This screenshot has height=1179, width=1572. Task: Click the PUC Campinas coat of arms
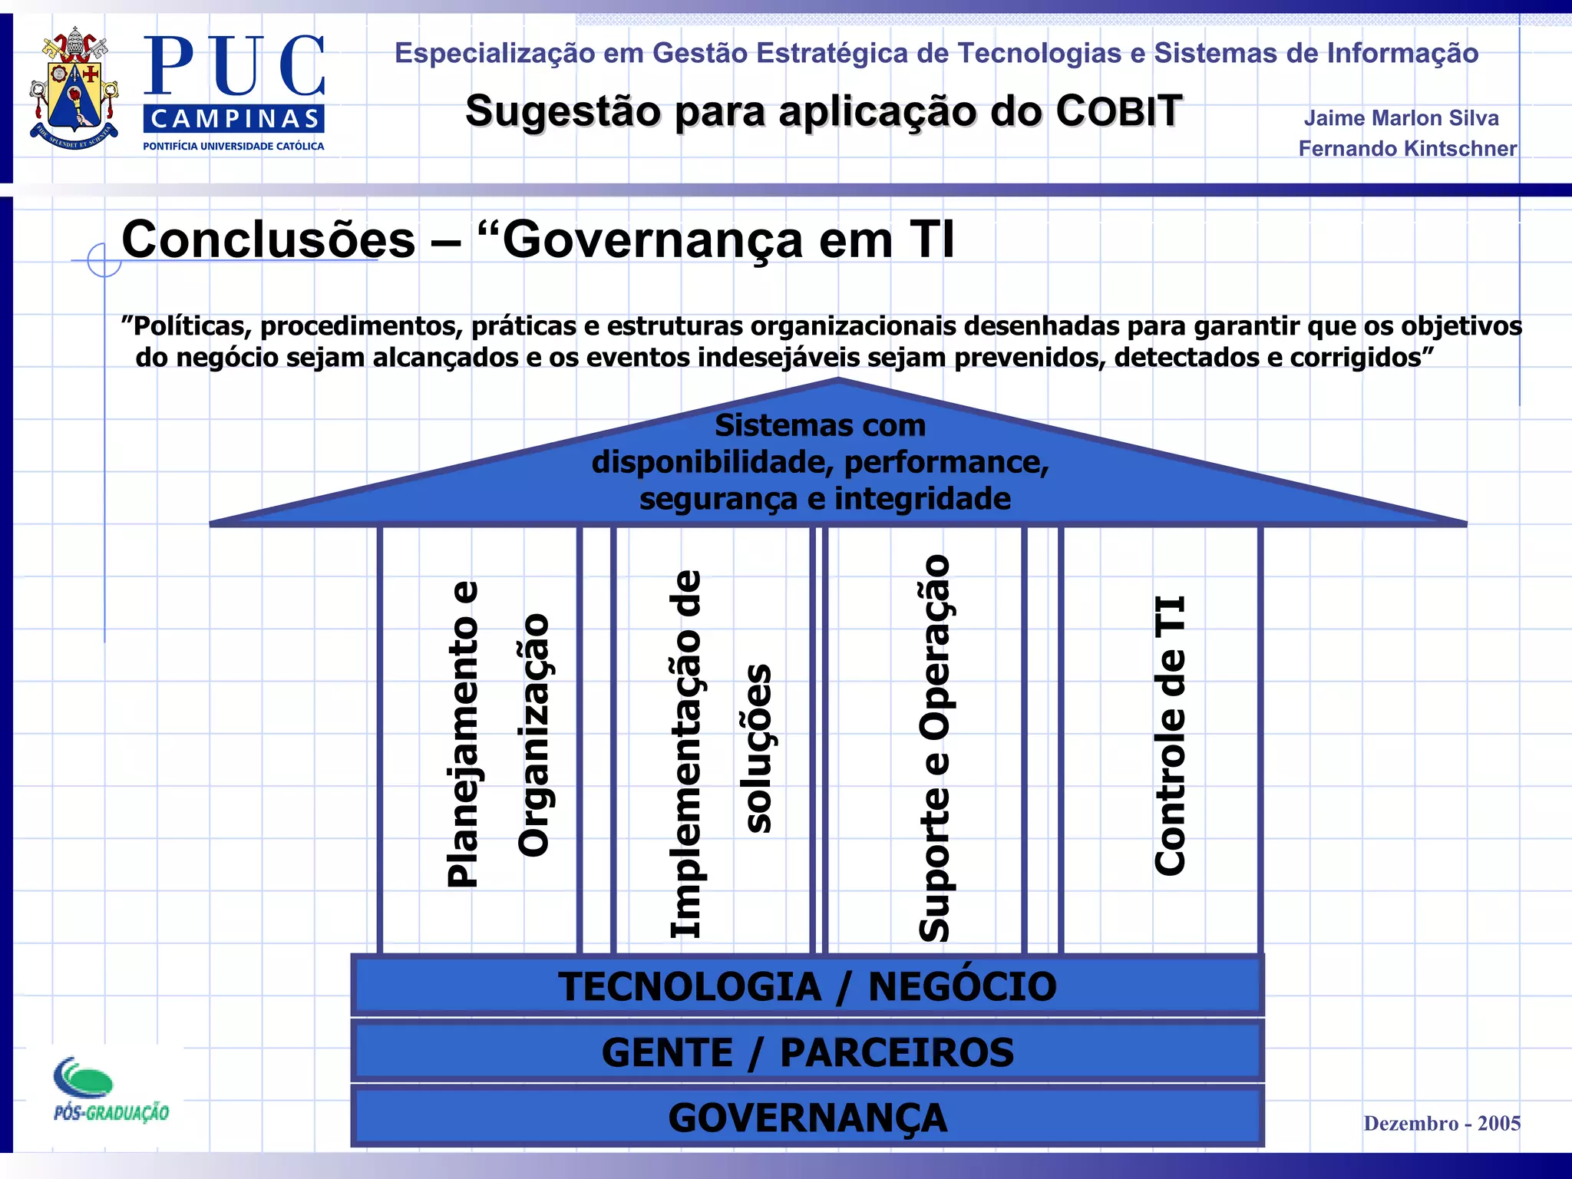(x=74, y=90)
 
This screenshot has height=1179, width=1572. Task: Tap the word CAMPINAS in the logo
(x=234, y=119)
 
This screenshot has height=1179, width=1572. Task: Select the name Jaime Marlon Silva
(x=1401, y=118)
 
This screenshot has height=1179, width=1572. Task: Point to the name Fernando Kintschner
(x=1407, y=148)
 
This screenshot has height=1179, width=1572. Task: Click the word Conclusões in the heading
(x=268, y=239)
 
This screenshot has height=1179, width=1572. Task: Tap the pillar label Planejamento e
(x=463, y=735)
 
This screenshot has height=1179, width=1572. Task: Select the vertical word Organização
(x=534, y=735)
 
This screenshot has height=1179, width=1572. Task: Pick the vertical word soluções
(x=758, y=748)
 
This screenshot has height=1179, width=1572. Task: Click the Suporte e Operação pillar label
(x=934, y=748)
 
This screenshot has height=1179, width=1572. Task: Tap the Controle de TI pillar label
(x=1171, y=735)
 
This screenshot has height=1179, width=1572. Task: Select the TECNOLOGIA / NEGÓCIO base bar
(x=807, y=986)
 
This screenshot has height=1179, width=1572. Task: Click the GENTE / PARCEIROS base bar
(x=807, y=1052)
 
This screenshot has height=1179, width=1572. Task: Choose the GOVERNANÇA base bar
(x=807, y=1118)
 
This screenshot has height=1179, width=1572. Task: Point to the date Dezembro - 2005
(x=1442, y=1123)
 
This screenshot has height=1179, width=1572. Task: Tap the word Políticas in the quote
(x=192, y=326)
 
